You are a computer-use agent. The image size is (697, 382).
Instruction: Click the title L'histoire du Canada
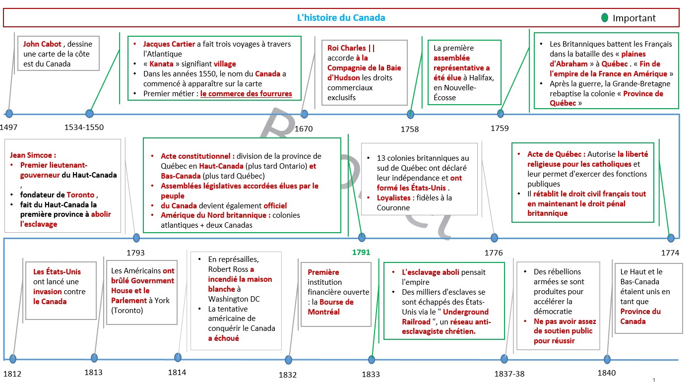[341, 18]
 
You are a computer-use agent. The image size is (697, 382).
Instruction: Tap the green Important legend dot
[605, 18]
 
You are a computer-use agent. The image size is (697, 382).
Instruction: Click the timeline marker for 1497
[9, 114]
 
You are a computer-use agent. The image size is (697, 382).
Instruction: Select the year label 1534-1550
[84, 127]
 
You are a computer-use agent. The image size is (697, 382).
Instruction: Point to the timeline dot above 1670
[304, 114]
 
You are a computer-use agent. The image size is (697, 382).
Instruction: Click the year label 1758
[409, 129]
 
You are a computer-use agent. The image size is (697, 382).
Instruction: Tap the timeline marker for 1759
[501, 114]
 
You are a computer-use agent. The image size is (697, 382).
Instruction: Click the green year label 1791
[361, 253]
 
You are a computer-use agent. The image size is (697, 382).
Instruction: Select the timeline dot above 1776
[494, 238]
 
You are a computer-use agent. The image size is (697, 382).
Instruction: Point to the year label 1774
[670, 253]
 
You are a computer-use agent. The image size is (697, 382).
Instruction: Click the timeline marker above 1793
[136, 238]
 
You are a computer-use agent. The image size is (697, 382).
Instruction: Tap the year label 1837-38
[509, 374]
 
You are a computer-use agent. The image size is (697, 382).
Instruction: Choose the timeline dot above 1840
[607, 359]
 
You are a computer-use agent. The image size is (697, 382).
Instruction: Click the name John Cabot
[42, 44]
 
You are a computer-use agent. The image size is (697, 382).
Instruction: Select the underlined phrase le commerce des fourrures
[246, 94]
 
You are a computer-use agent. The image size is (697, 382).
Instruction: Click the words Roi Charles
[346, 48]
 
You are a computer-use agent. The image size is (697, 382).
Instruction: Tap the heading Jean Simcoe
[33, 155]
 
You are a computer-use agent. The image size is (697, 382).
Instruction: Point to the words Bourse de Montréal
[331, 307]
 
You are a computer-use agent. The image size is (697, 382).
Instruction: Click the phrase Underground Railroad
[445, 317]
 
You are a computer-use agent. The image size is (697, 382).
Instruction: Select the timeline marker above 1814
[178, 357]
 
